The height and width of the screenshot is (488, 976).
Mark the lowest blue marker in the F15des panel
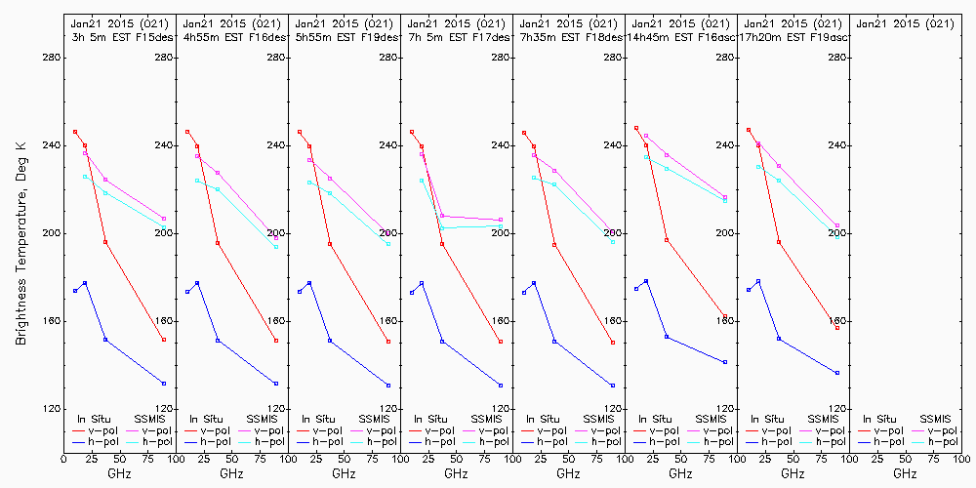(164, 384)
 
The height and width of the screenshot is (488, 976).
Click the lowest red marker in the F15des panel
(164, 340)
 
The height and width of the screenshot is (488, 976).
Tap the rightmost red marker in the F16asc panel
(725, 317)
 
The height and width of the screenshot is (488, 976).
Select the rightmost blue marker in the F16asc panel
(725, 362)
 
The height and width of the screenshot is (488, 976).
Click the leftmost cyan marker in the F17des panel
(422, 181)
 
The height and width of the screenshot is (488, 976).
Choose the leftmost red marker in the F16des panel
(187, 132)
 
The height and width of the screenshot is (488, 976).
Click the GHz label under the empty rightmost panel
(905, 473)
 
